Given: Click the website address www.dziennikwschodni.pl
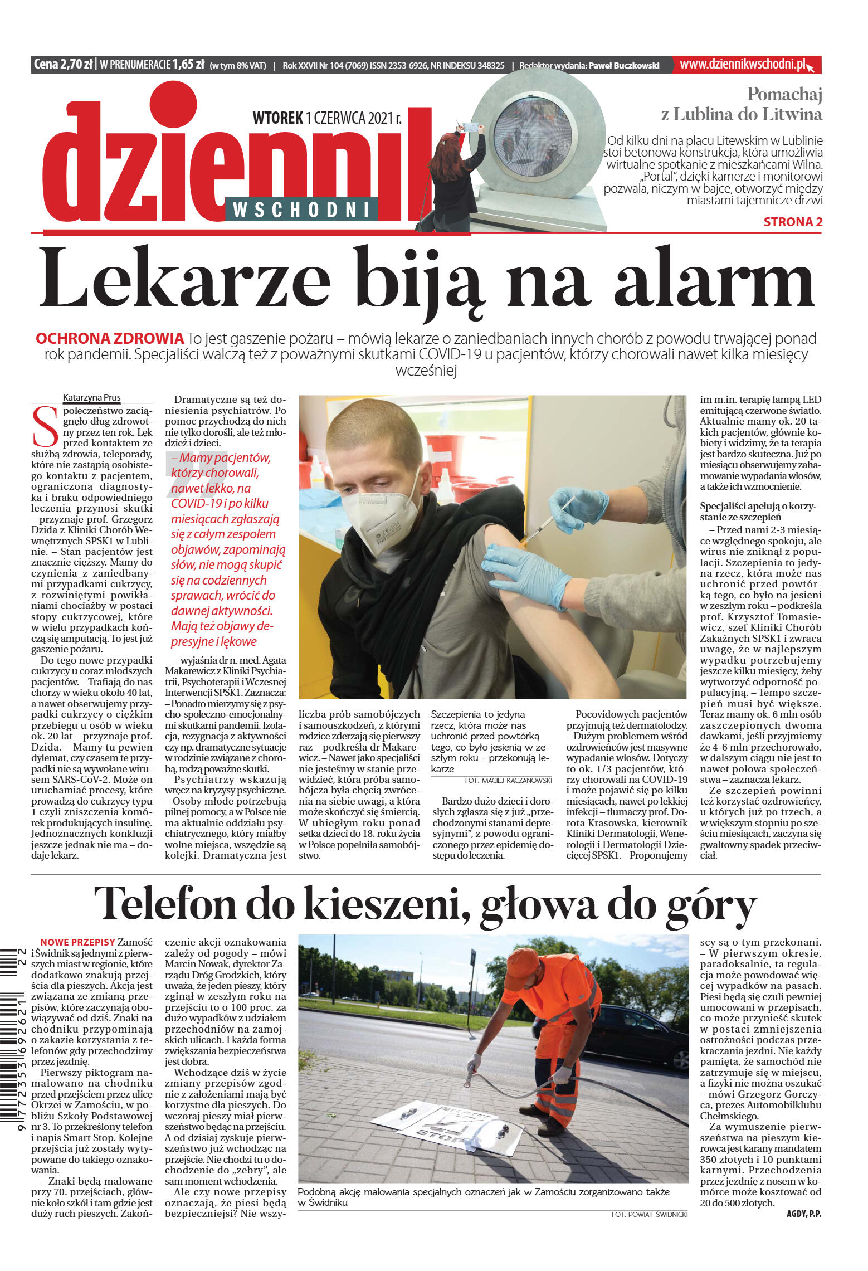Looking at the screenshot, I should pos(743,65).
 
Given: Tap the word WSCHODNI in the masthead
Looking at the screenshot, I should pos(301,210).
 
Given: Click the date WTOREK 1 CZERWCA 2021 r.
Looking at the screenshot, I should pos(326,118).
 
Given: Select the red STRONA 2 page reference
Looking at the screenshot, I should pos(792,222).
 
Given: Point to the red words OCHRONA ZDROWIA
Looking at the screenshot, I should pos(109,338).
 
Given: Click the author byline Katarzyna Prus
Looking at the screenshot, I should pos(91,397).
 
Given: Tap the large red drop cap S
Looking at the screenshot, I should pos(45,426).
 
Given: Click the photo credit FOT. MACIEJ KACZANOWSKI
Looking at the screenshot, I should pos(508,781).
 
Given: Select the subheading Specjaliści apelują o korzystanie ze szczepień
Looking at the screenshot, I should pos(758,511).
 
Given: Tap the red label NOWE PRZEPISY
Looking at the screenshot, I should pos(77,942).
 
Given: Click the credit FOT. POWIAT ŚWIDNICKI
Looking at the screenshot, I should pos(649,1214).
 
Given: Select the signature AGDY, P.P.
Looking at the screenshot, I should pos(803,1214).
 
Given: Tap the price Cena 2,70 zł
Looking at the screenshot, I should pos(63,65).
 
